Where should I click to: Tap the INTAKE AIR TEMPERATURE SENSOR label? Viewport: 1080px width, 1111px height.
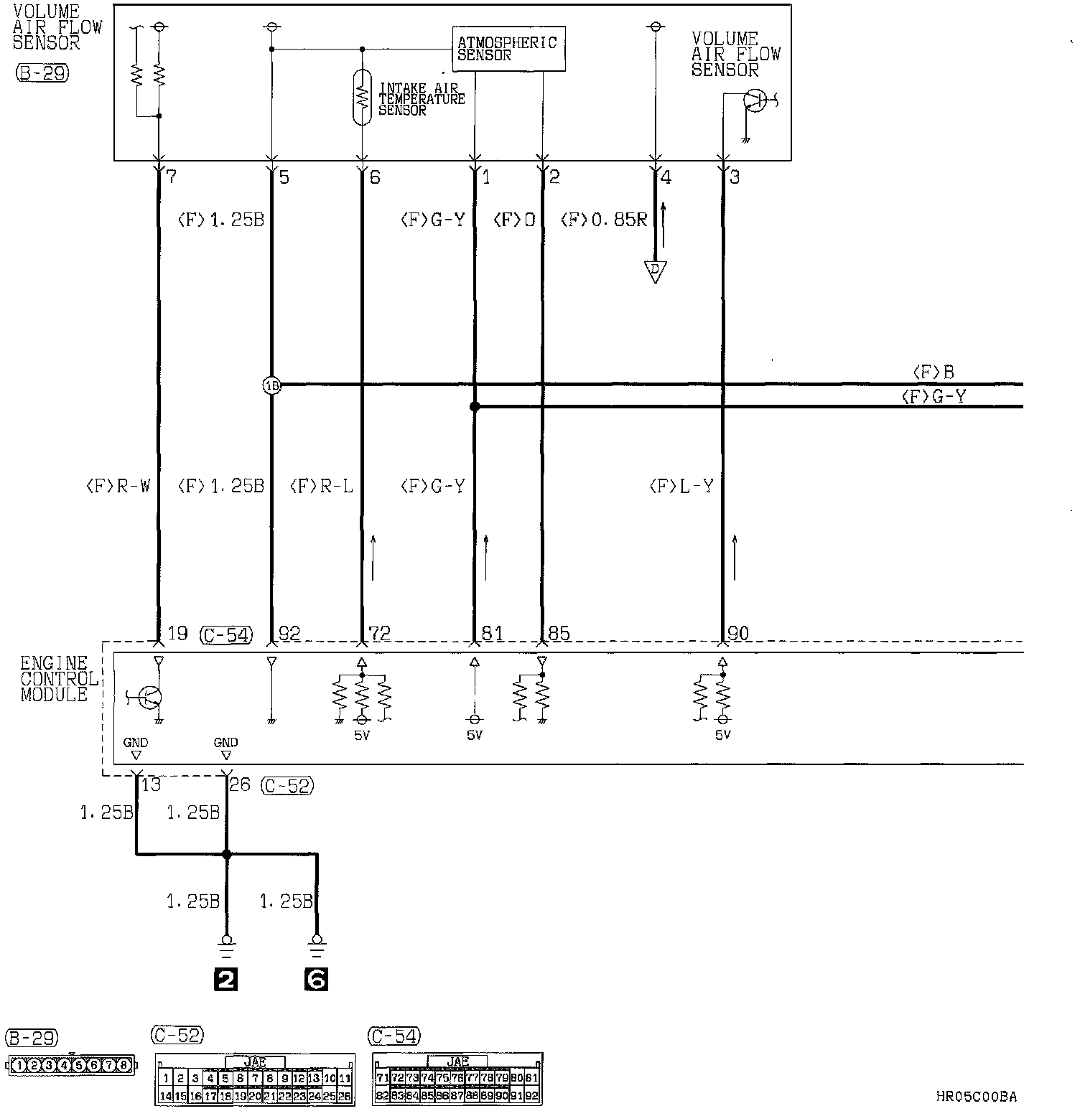point(421,99)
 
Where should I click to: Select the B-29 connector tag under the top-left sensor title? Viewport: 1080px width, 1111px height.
point(42,73)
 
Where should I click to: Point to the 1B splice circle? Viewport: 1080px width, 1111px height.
point(272,385)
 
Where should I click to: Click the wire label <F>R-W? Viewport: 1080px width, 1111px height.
point(118,487)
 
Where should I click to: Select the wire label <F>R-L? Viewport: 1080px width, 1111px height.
point(321,487)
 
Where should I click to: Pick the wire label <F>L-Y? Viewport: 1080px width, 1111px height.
point(681,487)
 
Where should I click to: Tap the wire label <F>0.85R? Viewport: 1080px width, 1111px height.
point(604,220)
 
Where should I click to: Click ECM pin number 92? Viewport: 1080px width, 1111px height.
point(289,634)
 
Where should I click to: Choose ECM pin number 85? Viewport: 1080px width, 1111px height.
point(559,634)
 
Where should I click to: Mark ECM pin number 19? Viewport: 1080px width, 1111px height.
point(177,634)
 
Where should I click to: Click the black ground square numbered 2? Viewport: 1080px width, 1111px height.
point(226,979)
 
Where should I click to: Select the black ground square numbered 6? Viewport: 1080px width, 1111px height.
point(317,979)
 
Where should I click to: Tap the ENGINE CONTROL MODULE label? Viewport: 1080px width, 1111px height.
point(57,679)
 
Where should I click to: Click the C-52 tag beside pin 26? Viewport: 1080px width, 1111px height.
point(288,786)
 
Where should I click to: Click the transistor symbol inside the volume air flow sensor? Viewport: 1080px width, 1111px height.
point(754,100)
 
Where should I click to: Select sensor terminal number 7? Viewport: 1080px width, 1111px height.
point(171,177)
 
